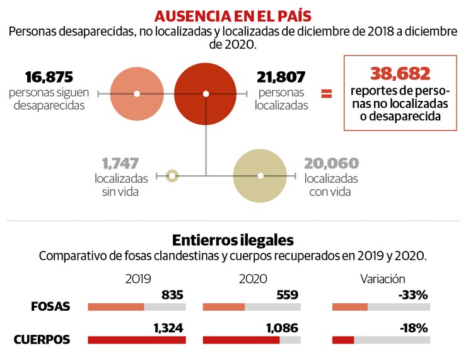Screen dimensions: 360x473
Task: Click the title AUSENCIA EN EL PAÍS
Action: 237,15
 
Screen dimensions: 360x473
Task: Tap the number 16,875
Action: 49,77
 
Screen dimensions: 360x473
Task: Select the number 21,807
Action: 281,77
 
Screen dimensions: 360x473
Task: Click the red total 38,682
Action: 400,73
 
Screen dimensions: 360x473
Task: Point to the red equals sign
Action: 327,94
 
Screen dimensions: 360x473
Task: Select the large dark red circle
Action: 205,94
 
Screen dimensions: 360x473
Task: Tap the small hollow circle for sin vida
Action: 172,175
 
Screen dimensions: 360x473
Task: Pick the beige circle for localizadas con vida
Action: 260,175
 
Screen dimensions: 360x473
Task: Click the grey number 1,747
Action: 120,163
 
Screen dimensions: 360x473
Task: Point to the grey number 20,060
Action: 331,163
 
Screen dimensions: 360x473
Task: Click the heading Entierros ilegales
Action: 232,240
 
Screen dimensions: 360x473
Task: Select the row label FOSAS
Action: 50,307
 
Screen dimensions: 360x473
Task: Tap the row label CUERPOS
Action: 42,340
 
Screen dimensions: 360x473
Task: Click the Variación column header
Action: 382,278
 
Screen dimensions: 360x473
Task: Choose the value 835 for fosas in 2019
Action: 172,294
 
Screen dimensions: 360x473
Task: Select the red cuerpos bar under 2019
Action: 136,340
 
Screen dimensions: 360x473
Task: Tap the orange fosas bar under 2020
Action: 224,307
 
